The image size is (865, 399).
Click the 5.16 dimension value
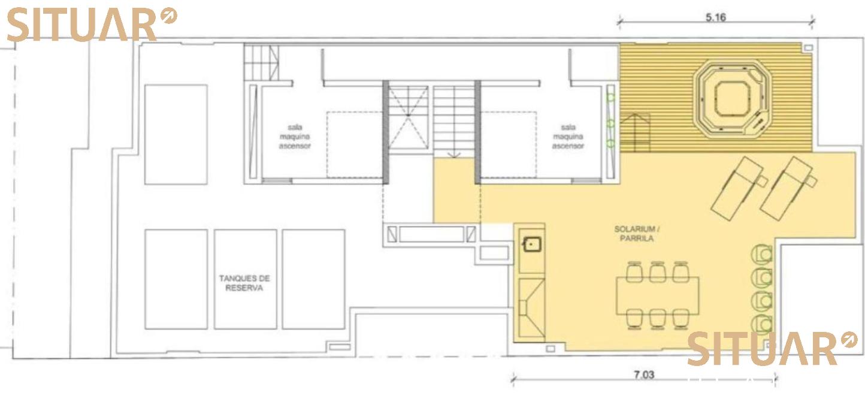(716, 17)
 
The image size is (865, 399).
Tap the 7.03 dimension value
(644, 374)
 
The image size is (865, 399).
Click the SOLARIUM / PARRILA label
(637, 234)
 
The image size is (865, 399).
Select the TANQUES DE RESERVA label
(244, 283)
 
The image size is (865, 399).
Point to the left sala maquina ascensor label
(295, 137)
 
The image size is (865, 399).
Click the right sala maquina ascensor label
(568, 137)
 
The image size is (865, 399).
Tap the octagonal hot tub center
(732, 99)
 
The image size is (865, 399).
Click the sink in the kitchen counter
(531, 244)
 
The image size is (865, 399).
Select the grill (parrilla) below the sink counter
(531, 307)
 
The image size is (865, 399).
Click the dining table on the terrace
(657, 296)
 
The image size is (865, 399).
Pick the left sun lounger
(739, 189)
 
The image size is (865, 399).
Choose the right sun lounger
(788, 189)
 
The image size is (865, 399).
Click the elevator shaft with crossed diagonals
(408, 117)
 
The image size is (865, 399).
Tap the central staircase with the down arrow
(454, 122)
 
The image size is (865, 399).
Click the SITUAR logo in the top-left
(92, 24)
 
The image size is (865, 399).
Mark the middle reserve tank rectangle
(246, 279)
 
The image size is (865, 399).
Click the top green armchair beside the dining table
(762, 254)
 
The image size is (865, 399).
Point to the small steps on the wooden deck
(635, 132)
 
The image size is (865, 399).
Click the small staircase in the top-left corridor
(261, 63)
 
